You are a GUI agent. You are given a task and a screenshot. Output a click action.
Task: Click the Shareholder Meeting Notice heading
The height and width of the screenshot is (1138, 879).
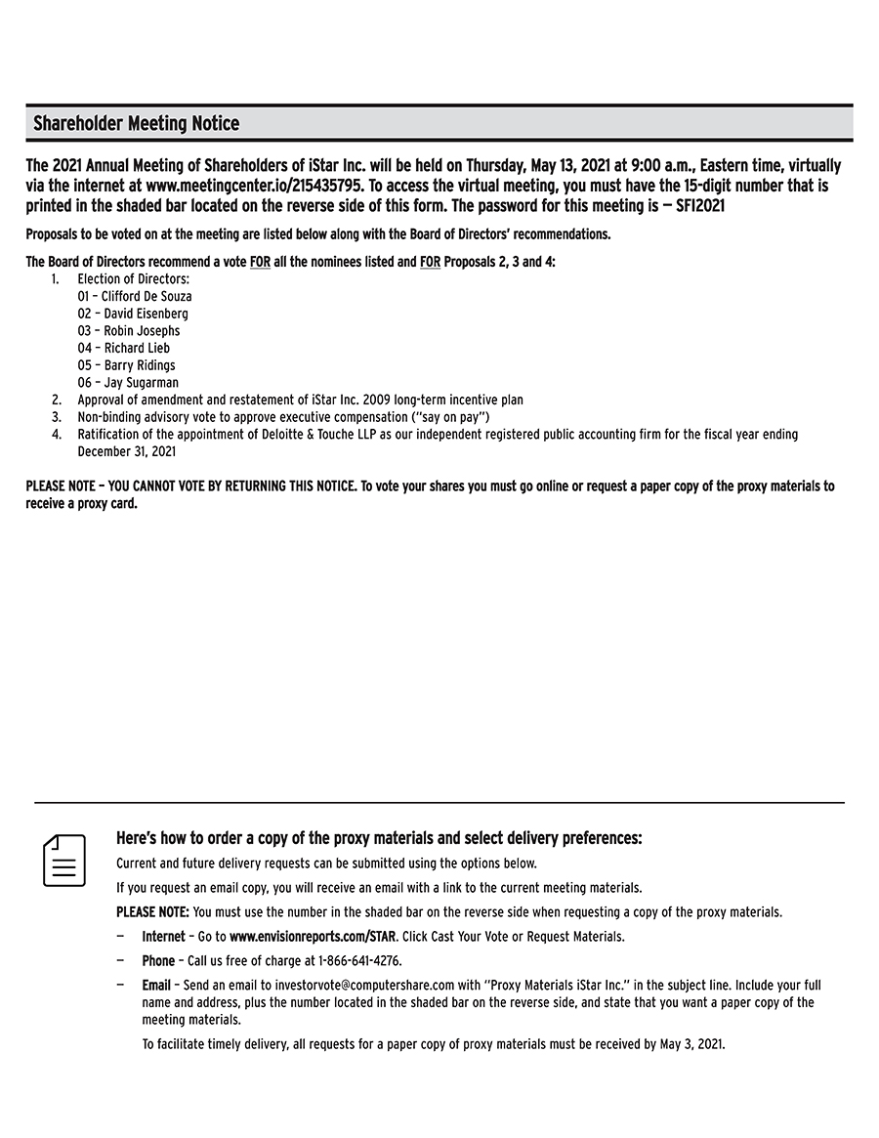pos(136,124)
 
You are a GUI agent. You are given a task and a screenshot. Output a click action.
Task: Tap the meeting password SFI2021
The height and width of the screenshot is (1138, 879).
pos(699,207)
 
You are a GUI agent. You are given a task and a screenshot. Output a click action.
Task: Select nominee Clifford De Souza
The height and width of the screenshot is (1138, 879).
pos(135,296)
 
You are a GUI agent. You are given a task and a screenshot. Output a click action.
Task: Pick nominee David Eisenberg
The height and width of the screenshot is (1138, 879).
pos(133,314)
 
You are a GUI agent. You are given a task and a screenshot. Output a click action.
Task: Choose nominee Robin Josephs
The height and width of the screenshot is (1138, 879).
pos(129,331)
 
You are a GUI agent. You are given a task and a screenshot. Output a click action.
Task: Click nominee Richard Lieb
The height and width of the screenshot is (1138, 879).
pos(124,348)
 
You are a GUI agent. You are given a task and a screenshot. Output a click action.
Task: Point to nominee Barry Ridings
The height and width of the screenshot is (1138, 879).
pos(127,365)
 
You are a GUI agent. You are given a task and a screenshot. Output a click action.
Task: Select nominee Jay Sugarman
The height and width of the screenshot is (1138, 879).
pos(128,383)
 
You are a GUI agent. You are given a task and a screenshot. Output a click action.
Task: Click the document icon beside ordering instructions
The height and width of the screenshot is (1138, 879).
pos(64,861)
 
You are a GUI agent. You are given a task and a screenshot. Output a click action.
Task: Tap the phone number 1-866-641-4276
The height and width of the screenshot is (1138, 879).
pos(352,961)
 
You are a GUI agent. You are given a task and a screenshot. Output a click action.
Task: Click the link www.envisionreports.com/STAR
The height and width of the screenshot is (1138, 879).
pos(313,937)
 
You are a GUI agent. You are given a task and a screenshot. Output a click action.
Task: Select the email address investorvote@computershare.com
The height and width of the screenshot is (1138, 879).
pos(358,986)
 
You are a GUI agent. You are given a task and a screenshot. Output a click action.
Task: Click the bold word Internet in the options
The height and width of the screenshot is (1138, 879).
pos(163,937)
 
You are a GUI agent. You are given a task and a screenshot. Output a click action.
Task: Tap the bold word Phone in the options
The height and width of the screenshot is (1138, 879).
pos(158,961)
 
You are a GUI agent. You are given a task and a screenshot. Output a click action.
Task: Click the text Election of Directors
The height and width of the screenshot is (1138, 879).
pos(134,279)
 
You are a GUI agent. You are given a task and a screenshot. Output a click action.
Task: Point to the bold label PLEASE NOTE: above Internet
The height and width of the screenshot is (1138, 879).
pos(152,912)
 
